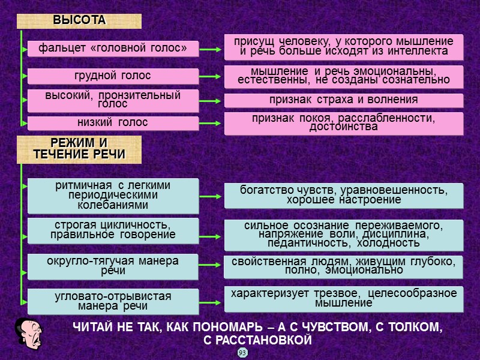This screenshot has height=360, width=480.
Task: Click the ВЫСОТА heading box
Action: (79, 20)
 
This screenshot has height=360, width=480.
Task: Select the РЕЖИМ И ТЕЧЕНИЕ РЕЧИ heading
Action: (79, 149)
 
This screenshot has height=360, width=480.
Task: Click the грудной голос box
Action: (113, 76)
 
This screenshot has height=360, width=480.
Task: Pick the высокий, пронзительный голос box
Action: (113, 100)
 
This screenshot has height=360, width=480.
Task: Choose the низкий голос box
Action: (113, 123)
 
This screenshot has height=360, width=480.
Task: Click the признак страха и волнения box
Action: (344, 100)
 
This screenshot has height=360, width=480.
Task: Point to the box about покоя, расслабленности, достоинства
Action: (344, 123)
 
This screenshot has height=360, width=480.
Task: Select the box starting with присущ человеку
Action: (344, 47)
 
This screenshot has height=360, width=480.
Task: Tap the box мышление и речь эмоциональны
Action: (344, 76)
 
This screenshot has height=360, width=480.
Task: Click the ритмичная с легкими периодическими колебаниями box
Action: (113, 196)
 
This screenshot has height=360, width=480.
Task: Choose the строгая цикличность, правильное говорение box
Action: (113, 230)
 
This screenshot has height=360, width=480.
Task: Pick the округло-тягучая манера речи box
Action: (113, 266)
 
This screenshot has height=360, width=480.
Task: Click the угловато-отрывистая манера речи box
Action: (113, 302)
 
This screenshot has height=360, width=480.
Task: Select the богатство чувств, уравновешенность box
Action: (344, 196)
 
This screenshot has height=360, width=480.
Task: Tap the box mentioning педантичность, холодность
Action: (344, 235)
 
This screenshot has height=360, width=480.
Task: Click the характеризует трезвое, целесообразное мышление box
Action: (344, 299)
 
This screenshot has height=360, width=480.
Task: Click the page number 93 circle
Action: (242, 353)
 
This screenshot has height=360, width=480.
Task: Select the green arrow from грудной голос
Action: (211, 77)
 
